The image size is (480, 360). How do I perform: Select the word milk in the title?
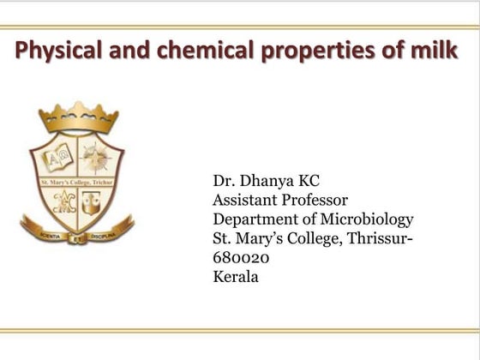435,51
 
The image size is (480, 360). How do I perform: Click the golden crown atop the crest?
77,116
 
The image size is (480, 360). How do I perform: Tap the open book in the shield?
58,159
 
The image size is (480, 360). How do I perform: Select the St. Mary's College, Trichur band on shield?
77,181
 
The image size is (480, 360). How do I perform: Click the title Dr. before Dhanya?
222,182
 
